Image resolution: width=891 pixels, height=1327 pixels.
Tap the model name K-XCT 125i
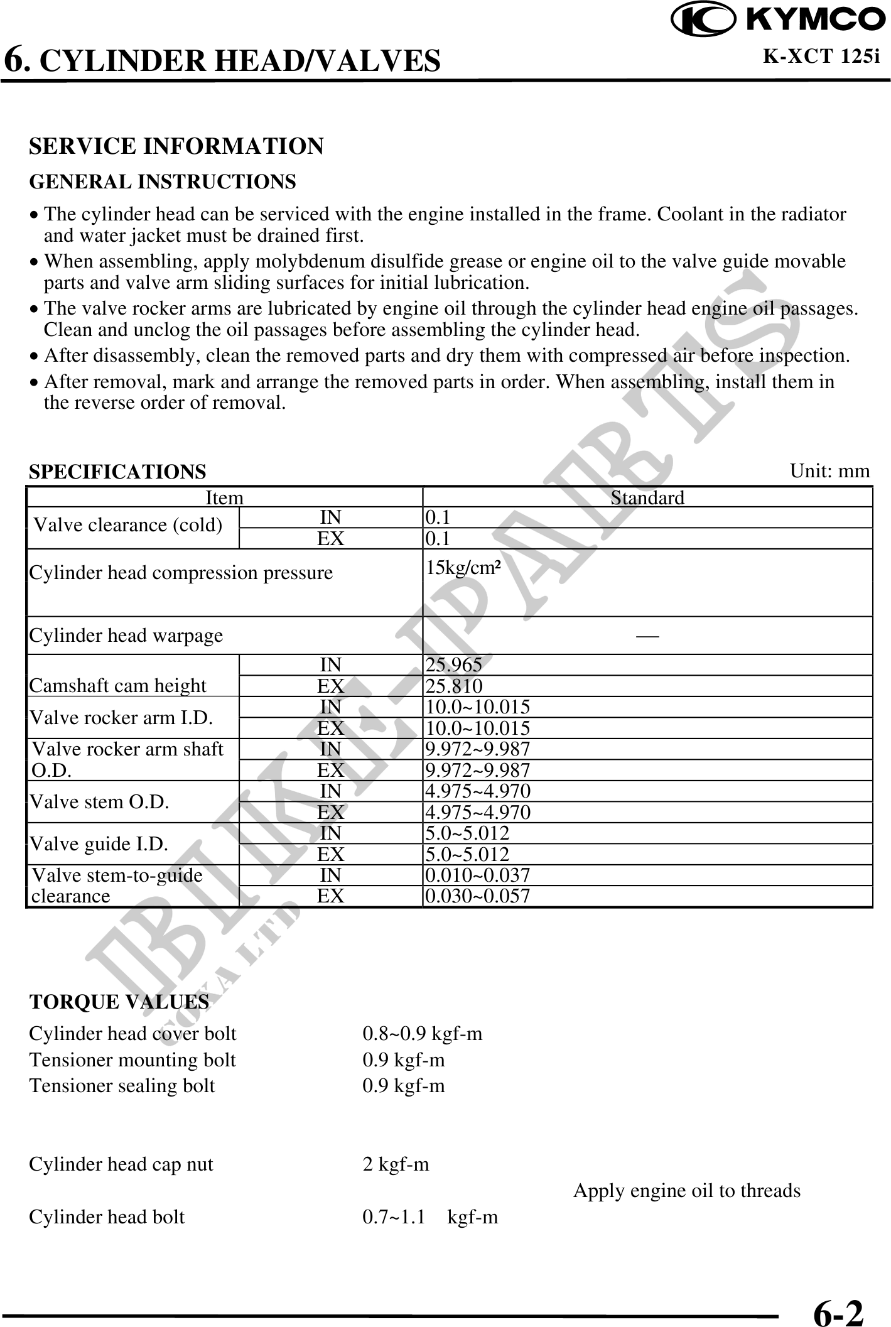tap(821, 57)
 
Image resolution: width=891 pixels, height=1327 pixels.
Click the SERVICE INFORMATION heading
tap(176, 146)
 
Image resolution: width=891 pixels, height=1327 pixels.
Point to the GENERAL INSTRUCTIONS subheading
tap(163, 182)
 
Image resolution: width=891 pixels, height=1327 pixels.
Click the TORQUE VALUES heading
tap(119, 1002)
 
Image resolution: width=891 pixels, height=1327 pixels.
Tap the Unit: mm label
tap(829, 471)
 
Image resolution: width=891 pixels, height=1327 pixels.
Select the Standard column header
tap(647, 498)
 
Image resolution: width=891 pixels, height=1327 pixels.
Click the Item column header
tap(224, 498)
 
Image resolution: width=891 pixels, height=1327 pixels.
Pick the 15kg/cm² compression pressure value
tap(463, 568)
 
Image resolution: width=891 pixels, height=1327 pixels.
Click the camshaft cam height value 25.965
tap(454, 664)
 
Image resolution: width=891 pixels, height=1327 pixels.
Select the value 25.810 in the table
tap(454, 686)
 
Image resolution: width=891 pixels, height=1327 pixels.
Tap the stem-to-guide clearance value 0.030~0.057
tap(477, 896)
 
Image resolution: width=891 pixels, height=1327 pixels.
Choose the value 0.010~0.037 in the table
tap(477, 875)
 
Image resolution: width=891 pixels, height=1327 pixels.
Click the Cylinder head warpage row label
tap(126, 636)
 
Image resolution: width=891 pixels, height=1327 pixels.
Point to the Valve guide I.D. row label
tap(99, 843)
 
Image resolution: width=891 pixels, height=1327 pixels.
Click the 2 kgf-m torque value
tap(396, 1164)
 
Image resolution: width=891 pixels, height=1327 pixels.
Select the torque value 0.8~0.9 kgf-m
tap(423, 1034)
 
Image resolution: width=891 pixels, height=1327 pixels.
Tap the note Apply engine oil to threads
tap(687, 1191)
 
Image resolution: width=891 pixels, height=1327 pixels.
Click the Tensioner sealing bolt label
tap(122, 1086)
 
